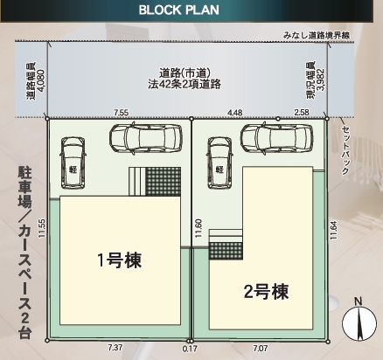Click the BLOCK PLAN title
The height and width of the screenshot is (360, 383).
pos(191,11)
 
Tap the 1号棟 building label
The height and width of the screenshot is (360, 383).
pos(119,260)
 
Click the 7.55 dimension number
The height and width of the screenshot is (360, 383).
pos(122,113)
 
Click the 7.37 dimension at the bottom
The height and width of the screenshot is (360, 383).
pos(115,348)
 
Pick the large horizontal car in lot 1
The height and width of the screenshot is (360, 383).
pos(142,137)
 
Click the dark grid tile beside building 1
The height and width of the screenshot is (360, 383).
pos(162,183)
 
